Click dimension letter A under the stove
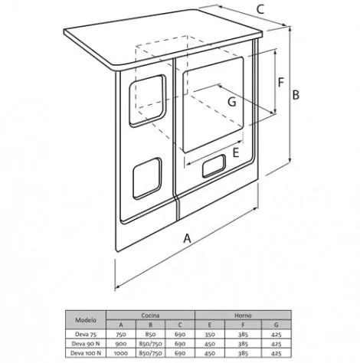[x=188, y=238]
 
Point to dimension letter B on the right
[x=296, y=95]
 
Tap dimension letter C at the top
[x=260, y=10]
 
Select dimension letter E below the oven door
[x=235, y=152]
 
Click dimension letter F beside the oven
[x=281, y=82]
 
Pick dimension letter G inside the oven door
[x=232, y=102]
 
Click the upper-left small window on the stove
[x=147, y=101]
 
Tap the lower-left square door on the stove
[x=147, y=178]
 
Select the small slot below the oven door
[x=214, y=166]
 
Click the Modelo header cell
[x=86, y=320]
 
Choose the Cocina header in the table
[x=150, y=316]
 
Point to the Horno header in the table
[x=243, y=316]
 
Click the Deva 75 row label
[x=86, y=334]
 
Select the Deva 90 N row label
[x=86, y=344]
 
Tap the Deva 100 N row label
[x=86, y=353]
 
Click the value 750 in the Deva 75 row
[x=121, y=335]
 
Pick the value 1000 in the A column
[x=121, y=353]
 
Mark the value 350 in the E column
[x=210, y=335]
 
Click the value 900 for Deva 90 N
[x=121, y=344]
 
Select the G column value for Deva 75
[x=276, y=335]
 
